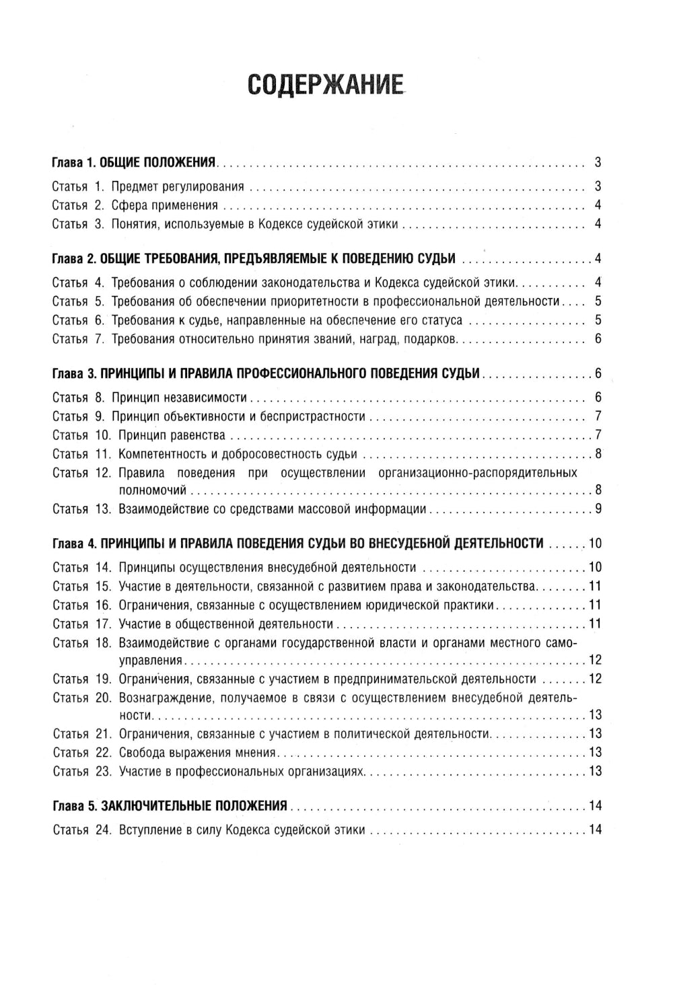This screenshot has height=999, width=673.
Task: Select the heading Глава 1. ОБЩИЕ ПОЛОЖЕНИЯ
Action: click(135, 163)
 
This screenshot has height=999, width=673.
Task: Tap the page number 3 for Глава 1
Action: click(598, 163)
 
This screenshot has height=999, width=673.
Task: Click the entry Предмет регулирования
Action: click(178, 186)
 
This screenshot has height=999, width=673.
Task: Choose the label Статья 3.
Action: click(77, 224)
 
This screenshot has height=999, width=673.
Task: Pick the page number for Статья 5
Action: click(598, 301)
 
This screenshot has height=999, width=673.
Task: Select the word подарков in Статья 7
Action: click(432, 338)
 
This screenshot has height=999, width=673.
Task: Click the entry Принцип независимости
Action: click(180, 397)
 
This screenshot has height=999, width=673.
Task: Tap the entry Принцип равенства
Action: click(172, 435)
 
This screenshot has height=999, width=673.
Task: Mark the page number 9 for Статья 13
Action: click(598, 509)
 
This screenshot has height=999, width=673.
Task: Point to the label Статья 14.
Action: click(81, 566)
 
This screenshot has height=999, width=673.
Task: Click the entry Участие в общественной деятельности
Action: click(225, 623)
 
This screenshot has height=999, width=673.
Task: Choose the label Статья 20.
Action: click(81, 697)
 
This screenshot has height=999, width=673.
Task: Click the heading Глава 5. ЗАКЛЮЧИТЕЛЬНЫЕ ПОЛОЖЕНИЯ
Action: click(170, 805)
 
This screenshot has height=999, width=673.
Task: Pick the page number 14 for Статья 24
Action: click(595, 829)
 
